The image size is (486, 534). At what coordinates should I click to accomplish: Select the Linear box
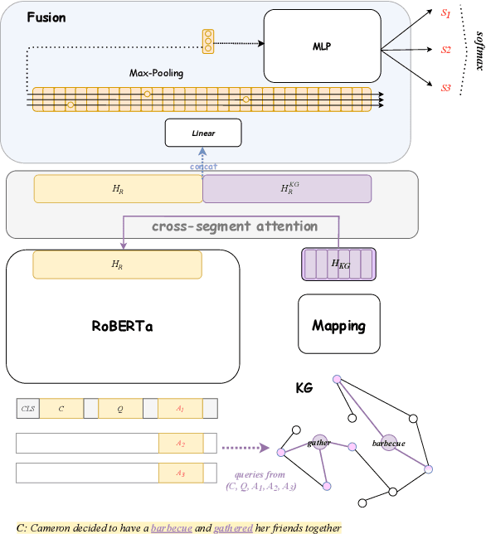[x=202, y=133]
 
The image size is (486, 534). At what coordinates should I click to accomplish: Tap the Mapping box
[x=339, y=325]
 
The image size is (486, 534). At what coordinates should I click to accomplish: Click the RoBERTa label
[x=123, y=326]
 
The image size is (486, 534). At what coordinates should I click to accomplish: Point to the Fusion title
[x=46, y=17]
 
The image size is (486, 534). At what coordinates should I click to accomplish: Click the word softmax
[x=475, y=50]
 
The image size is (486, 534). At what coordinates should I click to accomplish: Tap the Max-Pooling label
[x=156, y=73]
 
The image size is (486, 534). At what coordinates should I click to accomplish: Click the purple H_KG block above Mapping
[x=338, y=264]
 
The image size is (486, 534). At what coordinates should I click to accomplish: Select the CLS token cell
[x=27, y=409]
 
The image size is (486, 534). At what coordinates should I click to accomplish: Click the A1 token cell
[x=180, y=409]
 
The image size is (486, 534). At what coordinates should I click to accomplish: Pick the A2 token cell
[x=180, y=444]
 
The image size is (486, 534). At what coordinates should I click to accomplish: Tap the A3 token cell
[x=180, y=473]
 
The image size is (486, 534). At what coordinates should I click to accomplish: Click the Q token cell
[x=119, y=409]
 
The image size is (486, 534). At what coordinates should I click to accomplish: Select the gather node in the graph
[x=320, y=442]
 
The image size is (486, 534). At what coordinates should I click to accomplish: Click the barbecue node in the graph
[x=389, y=443]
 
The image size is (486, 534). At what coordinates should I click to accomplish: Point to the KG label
[x=304, y=387]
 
